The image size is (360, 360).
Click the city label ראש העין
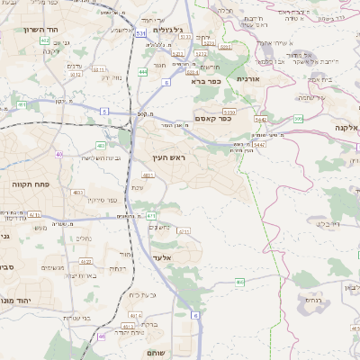[x=169, y=157]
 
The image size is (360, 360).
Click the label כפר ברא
[x=206, y=81]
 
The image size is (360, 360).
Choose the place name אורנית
[x=248, y=79]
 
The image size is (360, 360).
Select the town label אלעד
[x=172, y=258]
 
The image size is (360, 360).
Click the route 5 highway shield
[x=104, y=112]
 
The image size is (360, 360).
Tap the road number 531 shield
[x=140, y=33]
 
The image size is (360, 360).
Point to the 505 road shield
[x=298, y=119]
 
